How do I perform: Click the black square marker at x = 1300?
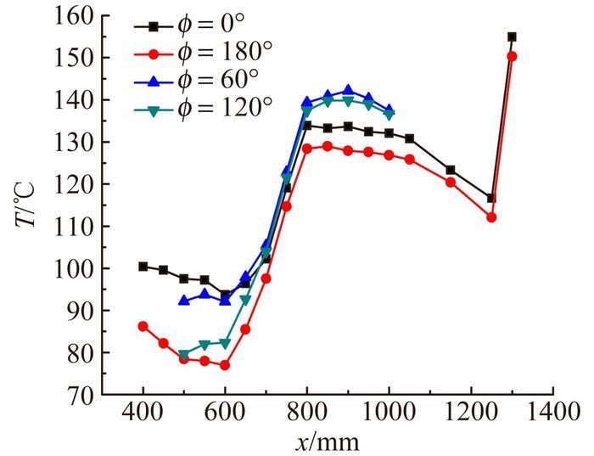click(512, 37)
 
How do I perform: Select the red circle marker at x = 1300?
click(512, 56)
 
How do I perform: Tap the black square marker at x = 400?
click(143, 266)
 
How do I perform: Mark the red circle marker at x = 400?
click(143, 326)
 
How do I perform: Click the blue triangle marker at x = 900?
click(348, 90)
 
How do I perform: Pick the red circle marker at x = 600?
click(225, 365)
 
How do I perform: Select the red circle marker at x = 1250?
click(491, 217)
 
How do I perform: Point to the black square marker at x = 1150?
click(451, 170)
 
